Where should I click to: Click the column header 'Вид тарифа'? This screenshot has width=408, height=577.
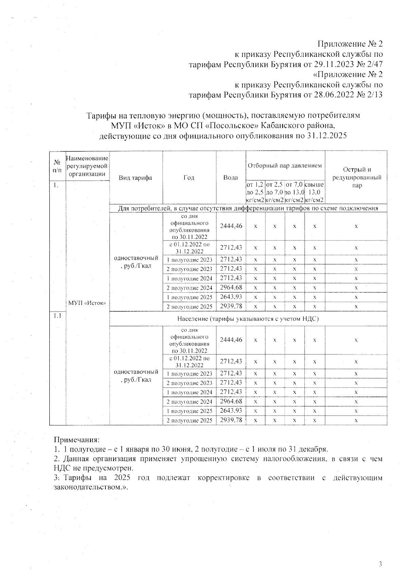pyautogui.click(x=135, y=178)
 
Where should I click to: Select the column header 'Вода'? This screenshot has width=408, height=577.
pyautogui.click(x=231, y=178)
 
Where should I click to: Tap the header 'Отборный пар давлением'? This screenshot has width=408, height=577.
pyautogui.click(x=285, y=166)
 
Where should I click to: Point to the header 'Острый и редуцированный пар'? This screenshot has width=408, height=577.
pyautogui.click(x=356, y=177)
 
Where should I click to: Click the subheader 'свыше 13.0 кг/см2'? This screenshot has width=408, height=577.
pyautogui.click(x=314, y=192)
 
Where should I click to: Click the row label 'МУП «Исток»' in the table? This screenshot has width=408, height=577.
pyautogui.click(x=87, y=303)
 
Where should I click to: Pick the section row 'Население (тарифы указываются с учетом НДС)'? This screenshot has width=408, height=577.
pyautogui.click(x=248, y=319)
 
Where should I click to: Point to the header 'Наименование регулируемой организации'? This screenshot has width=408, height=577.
pyautogui.click(x=87, y=166)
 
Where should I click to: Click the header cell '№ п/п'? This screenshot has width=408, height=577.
pyautogui.click(x=57, y=166)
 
